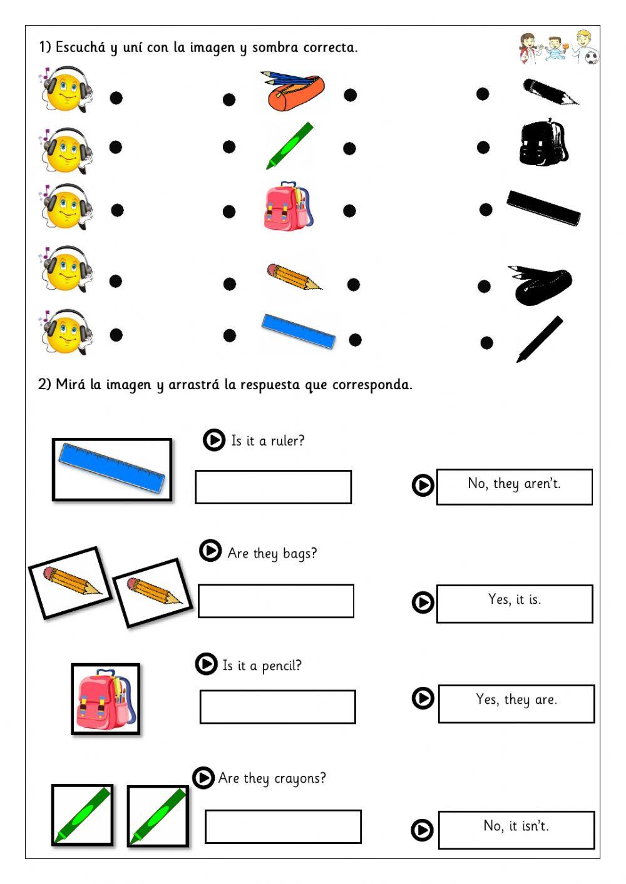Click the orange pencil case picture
point(293,93)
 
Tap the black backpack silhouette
point(543,144)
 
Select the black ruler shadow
point(543,208)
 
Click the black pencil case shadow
point(540,285)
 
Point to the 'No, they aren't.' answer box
point(514,486)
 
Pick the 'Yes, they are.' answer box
point(516,703)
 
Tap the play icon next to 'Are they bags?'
point(210,551)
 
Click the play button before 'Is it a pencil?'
point(206,664)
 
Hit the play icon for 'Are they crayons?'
point(203,778)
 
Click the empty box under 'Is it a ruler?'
point(273,487)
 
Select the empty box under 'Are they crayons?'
point(283,826)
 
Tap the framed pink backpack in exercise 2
point(105,699)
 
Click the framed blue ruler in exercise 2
point(112,470)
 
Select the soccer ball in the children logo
point(591,58)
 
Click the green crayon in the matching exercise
point(289,146)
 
